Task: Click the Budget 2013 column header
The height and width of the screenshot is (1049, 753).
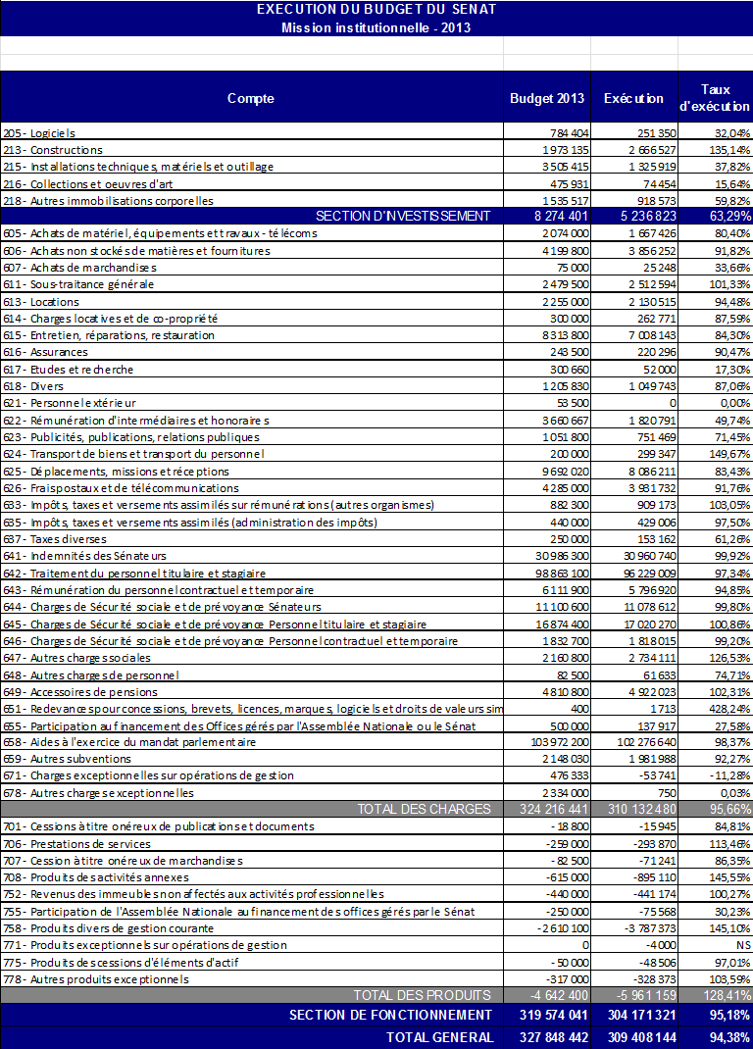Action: tap(547, 98)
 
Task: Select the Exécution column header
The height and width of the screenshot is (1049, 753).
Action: tap(633, 98)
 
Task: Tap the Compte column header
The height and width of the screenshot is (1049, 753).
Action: tap(251, 98)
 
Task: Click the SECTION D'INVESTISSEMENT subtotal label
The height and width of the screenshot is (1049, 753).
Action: tap(402, 216)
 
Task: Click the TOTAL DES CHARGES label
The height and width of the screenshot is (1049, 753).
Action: tap(424, 809)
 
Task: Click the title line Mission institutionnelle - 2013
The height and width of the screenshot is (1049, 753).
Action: tap(376, 27)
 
